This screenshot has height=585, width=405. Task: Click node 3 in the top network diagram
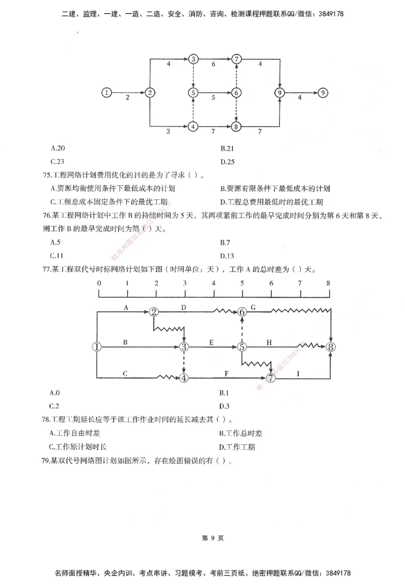pos(193,59)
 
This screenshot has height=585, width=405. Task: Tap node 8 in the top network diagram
pos(235,127)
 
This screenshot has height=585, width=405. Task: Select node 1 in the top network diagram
pos(106,93)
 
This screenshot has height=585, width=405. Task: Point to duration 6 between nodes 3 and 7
pos(214,64)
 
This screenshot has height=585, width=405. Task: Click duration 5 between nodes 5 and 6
pos(214,97)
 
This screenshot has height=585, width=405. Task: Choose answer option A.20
pos(58,148)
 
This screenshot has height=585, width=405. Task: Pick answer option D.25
pos(227,162)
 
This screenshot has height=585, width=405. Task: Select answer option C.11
pos(58,255)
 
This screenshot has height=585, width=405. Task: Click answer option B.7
pos(226,242)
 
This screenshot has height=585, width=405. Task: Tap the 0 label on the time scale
pos(99,283)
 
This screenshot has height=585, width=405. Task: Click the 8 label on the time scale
pos(329,283)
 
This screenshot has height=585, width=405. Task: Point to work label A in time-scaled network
pos(126,307)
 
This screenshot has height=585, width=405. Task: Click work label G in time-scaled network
pos(253,307)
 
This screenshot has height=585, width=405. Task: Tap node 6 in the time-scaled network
pos(242,312)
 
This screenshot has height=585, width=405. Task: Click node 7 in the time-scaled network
pos(271,378)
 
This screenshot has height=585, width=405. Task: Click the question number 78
pos(48,420)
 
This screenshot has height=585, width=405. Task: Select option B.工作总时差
pos(241,433)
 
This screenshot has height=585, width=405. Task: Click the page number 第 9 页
pos(202,538)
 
